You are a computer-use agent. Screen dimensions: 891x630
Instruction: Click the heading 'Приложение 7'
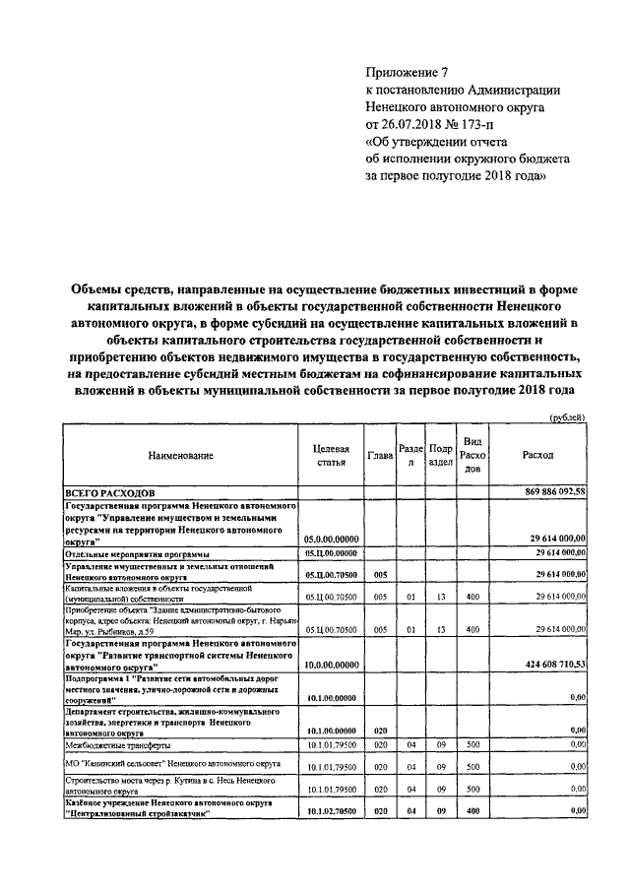tap(406, 72)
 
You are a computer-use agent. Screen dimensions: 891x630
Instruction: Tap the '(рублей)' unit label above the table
tap(566, 416)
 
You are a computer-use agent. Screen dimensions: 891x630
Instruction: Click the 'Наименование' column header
tap(180, 456)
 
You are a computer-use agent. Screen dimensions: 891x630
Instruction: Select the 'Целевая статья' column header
tap(331, 455)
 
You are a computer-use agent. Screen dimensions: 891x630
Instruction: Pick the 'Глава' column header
tap(380, 456)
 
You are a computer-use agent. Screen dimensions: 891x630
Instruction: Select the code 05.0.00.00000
tap(332, 539)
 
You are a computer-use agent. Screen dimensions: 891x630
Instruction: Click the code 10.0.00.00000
tap(332, 666)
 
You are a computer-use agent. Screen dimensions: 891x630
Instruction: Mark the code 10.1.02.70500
tap(332, 810)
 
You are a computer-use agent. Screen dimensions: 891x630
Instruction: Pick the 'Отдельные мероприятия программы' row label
tap(130, 553)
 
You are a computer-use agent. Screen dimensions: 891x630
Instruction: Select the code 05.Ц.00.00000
tap(332, 553)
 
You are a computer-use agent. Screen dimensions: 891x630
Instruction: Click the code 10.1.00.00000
tap(332, 697)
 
